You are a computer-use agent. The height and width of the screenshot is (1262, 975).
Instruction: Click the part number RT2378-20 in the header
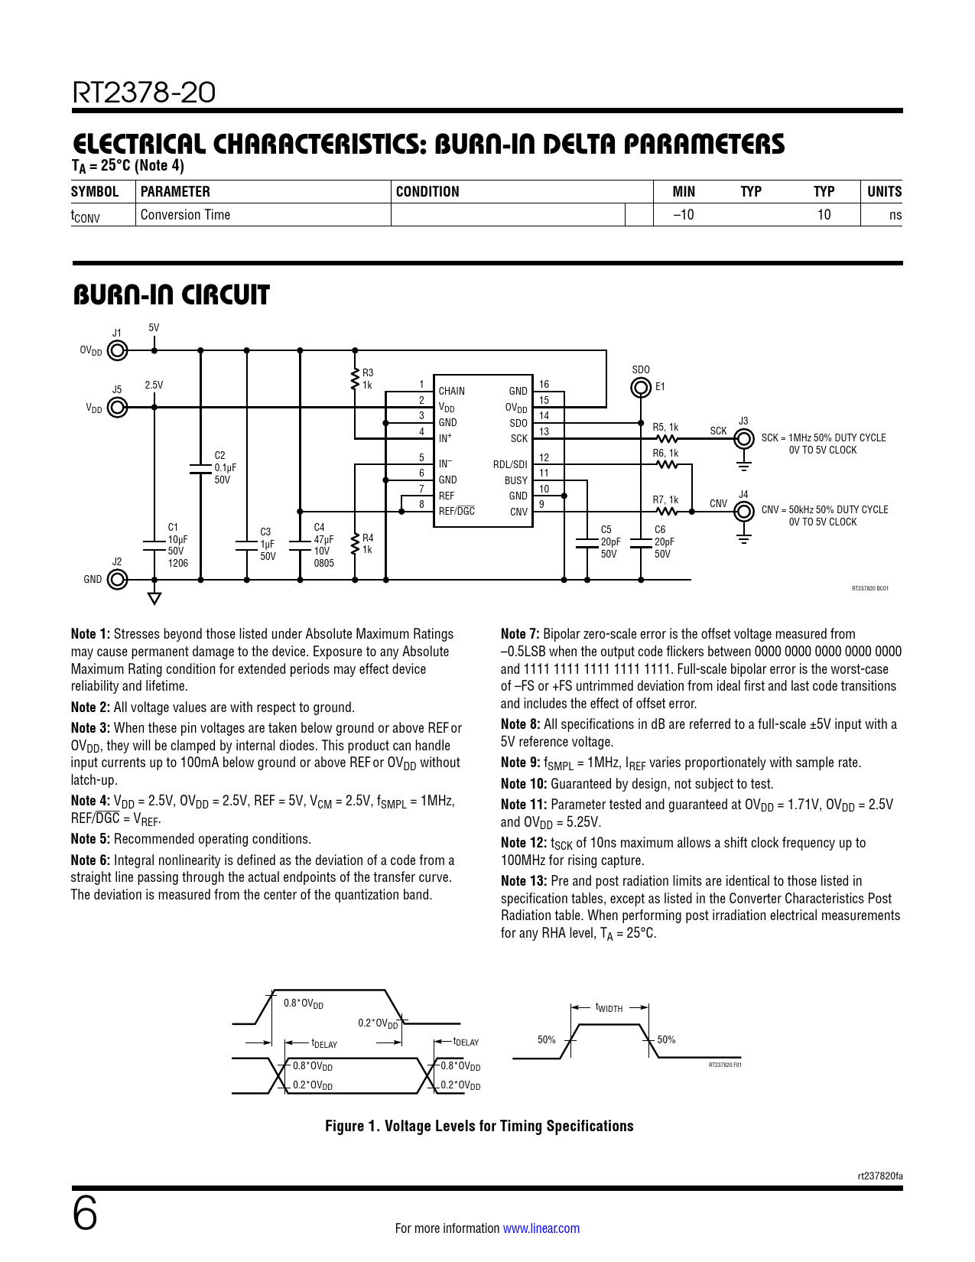144,93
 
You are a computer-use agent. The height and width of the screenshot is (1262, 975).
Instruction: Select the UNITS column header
884,192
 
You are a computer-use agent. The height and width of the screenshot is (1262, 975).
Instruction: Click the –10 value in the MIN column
683,215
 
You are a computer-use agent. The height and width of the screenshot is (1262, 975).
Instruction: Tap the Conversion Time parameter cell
186,215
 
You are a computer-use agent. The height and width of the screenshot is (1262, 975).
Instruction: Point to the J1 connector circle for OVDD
117,351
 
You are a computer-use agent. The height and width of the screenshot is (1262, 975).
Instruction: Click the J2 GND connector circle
117,580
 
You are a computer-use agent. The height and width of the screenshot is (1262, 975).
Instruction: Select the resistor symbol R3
355,379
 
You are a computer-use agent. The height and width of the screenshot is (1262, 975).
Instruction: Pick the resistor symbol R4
355,544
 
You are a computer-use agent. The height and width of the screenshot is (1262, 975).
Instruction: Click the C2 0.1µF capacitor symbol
200,468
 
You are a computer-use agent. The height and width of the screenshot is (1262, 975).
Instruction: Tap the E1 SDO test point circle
641,388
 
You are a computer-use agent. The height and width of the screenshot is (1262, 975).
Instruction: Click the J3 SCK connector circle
743,439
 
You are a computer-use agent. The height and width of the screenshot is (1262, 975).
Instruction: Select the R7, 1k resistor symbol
666,512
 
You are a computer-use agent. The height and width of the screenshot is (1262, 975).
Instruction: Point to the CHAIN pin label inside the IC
451,391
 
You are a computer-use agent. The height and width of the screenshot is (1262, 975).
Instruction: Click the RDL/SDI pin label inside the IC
510,464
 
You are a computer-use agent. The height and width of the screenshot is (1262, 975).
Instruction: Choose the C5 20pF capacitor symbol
587,542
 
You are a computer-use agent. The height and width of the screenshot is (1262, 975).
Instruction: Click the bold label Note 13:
524,881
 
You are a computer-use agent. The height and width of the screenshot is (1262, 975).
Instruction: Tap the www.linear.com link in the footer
541,1228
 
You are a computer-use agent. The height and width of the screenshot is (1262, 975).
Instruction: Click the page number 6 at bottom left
85,1215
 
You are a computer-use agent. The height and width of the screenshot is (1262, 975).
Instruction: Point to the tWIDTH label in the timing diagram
609,1008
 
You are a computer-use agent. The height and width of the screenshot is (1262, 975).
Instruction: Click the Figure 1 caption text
479,1126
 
